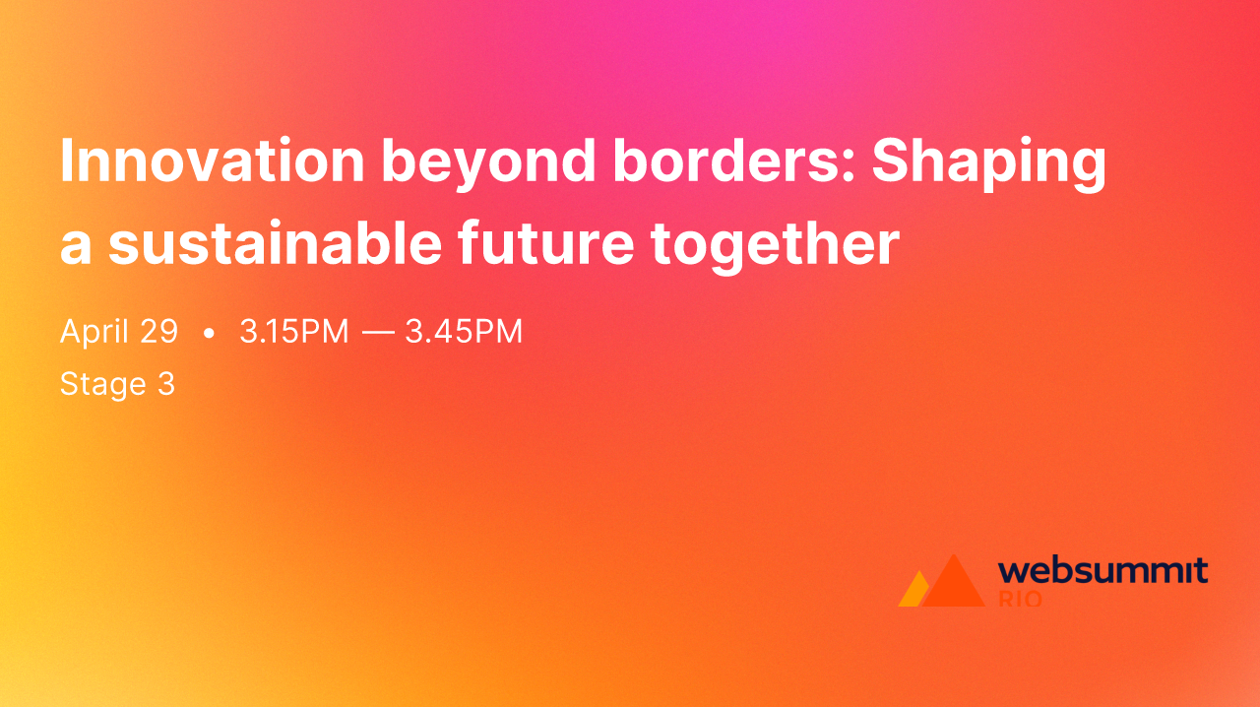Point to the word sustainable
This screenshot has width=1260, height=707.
pos(275,244)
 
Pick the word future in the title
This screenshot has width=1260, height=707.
pos(545,244)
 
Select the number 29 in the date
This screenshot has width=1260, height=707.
pos(157,332)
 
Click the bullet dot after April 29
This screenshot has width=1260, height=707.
pos(209,334)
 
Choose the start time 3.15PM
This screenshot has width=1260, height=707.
pos(294,332)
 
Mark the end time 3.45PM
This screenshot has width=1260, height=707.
pos(464,332)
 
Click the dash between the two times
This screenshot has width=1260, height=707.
pos(377,333)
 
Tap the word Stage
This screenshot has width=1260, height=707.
pos(102,384)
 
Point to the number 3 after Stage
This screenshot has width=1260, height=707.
pos(166,383)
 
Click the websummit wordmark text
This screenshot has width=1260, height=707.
pos(1102,571)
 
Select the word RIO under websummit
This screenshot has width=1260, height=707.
pos(1020,599)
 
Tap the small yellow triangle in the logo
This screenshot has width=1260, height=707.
pos(913,592)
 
